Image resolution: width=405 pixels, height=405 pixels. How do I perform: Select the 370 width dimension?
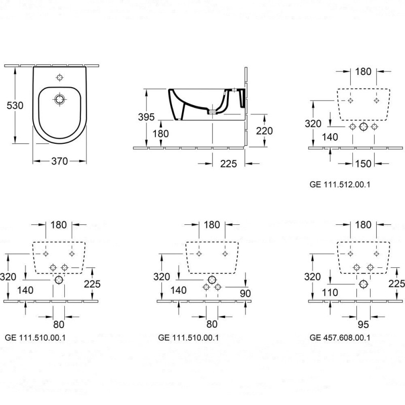60,161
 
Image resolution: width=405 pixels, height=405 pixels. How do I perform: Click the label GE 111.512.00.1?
340,185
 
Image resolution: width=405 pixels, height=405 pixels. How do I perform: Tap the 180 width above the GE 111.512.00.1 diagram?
363,71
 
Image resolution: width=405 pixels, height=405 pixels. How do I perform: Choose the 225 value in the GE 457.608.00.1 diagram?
396,283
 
